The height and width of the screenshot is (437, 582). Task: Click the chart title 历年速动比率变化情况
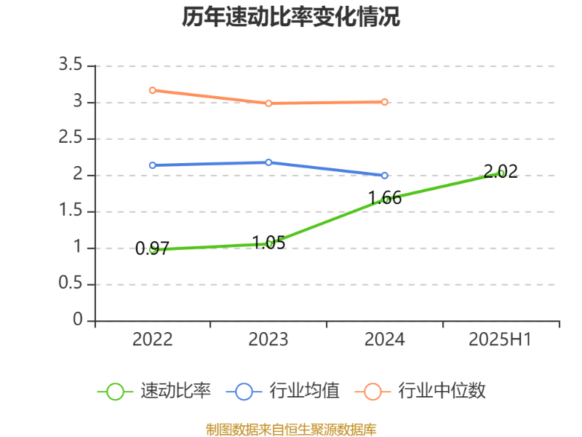click(x=291, y=17)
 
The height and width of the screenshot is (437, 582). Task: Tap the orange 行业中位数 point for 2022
click(x=152, y=90)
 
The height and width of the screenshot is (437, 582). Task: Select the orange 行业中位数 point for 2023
click(x=268, y=103)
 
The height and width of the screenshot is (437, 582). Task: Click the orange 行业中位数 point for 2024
click(x=385, y=102)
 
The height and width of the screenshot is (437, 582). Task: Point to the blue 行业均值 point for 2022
click(x=152, y=165)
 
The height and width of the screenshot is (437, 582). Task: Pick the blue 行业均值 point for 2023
click(x=268, y=162)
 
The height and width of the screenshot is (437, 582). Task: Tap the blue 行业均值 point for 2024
click(x=385, y=176)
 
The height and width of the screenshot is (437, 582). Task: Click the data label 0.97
click(x=152, y=249)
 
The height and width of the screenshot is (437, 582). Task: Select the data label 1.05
click(x=268, y=243)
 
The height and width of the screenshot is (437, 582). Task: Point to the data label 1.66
click(x=385, y=197)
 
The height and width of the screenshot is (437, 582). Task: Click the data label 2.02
click(x=501, y=172)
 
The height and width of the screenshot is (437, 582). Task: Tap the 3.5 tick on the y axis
click(x=71, y=66)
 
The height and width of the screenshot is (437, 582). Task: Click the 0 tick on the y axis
click(x=78, y=320)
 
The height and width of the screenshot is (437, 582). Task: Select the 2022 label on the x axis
click(x=152, y=339)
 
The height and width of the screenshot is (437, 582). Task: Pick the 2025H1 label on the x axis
click(x=501, y=339)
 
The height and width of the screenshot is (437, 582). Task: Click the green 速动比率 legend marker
click(x=115, y=391)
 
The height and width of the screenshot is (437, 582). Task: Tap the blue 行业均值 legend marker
click(x=244, y=391)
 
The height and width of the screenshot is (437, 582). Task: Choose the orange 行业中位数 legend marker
click(x=372, y=391)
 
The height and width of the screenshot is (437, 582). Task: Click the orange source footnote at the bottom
click(x=291, y=429)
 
